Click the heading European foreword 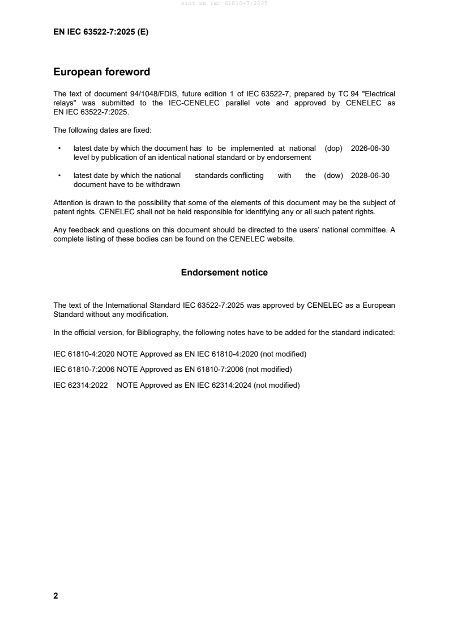tap(101, 72)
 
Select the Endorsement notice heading tap(224, 273)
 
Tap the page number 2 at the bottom tap(55, 596)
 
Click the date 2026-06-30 tap(370, 148)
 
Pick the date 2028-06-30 tap(370, 176)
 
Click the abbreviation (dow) tap(333, 176)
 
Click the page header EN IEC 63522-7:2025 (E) tap(100, 32)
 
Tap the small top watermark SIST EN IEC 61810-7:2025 tap(224, 3)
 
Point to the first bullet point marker tap(59, 148)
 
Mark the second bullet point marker tap(59, 176)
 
